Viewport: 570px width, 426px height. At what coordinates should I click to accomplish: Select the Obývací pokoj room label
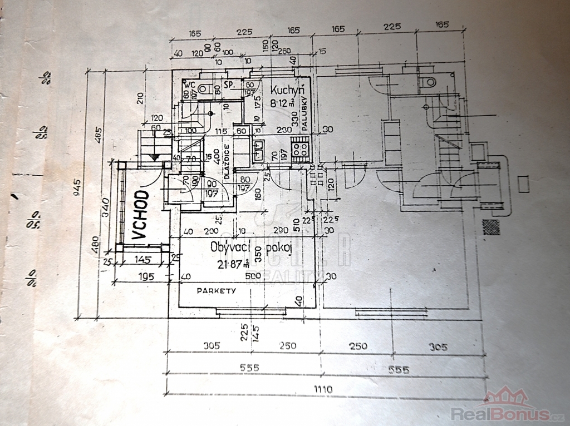pyautogui.click(x=252, y=248)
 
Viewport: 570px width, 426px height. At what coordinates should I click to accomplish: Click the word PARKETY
pyautogui.click(x=217, y=291)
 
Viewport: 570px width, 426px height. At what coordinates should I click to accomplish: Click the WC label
pyautogui.click(x=189, y=84)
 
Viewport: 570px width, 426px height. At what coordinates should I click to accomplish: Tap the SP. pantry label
pyautogui.click(x=228, y=85)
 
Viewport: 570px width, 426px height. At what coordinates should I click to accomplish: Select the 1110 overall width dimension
pyautogui.click(x=322, y=389)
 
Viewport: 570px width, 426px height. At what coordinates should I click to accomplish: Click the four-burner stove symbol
pyautogui.click(x=301, y=150)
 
